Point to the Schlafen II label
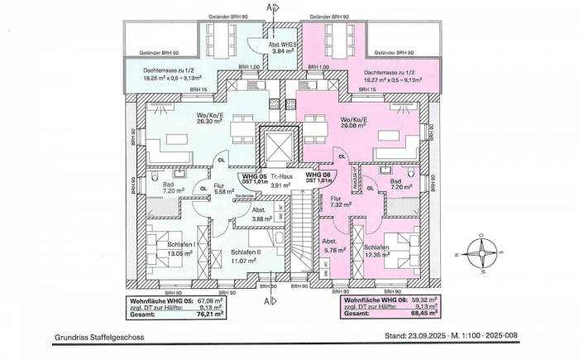(246, 252)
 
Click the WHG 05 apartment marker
(252, 176)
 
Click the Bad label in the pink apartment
(395, 180)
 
